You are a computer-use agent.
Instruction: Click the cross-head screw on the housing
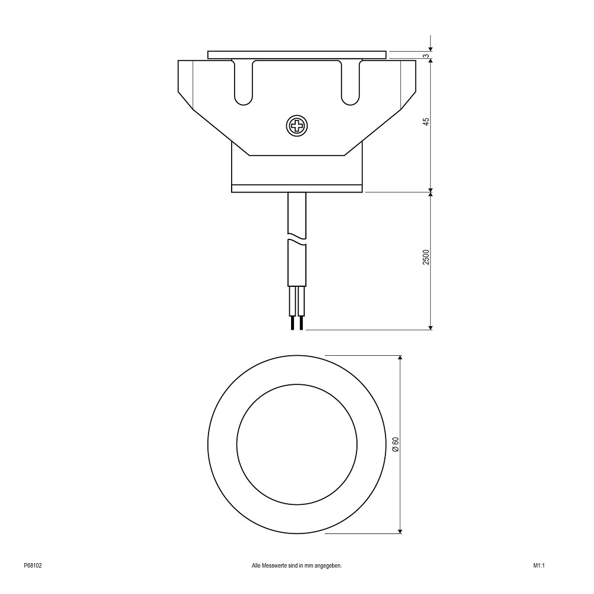click(296, 126)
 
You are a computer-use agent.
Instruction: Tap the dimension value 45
click(426, 122)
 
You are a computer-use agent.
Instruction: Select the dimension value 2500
click(426, 257)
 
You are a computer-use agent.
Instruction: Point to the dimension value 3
click(426, 56)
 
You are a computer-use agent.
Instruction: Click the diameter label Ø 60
click(396, 444)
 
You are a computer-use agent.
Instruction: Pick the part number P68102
click(33, 565)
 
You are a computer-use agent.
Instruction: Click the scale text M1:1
click(539, 565)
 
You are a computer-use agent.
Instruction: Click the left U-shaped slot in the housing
click(243, 83)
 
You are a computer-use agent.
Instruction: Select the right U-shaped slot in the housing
click(350, 83)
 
